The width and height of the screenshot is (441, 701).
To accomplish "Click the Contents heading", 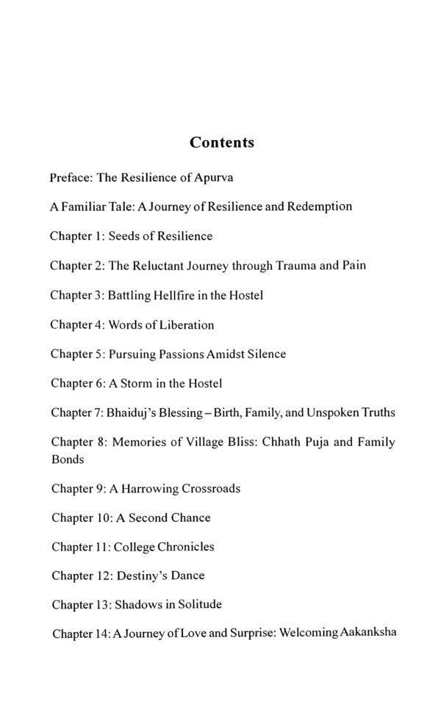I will [221, 142].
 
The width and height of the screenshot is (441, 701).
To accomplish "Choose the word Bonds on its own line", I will [67, 459].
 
